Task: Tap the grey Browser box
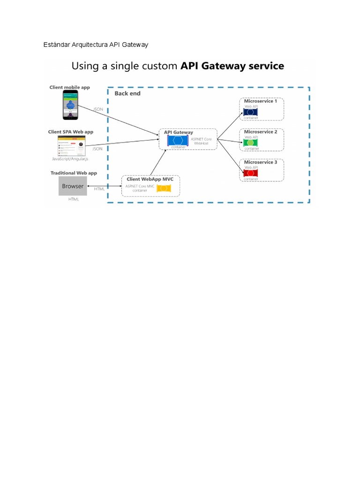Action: pos(73,186)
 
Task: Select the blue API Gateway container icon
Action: pos(178,140)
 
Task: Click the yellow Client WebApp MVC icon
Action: pos(164,188)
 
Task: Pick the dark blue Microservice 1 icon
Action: pos(251,112)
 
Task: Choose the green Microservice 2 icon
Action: pos(251,142)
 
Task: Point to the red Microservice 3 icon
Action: pos(251,173)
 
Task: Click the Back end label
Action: pos(127,93)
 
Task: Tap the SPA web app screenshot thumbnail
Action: pos(72,146)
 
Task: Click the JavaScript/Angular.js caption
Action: pos(70,159)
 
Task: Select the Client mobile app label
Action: pos(70,87)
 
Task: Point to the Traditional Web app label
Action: pos(74,173)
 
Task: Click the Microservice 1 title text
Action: pos(261,101)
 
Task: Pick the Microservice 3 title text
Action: pos(261,162)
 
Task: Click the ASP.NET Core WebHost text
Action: pos(201,141)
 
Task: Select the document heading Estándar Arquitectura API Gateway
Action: pos(95,45)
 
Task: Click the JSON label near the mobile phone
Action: pos(98,109)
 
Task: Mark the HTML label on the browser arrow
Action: pos(99,189)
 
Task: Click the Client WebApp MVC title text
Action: pos(147,179)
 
